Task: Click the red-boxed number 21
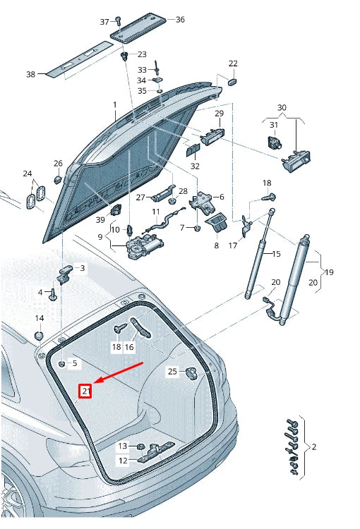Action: tap(85, 391)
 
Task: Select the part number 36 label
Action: tap(179, 20)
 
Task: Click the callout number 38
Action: tap(30, 74)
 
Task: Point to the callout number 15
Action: tap(276, 254)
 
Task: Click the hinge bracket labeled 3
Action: tap(66, 273)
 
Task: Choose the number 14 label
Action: tap(40, 318)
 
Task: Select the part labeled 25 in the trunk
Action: tap(191, 372)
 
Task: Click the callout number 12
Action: tap(122, 461)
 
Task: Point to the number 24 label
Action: tap(27, 174)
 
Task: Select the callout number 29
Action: tap(219, 114)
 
